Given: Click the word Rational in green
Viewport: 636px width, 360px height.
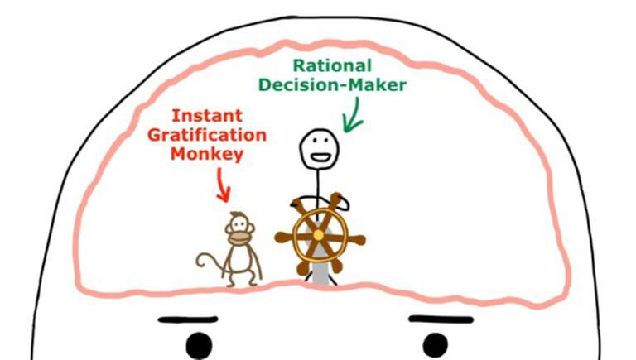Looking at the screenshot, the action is (332, 65).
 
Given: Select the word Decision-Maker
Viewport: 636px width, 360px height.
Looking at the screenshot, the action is (333, 85).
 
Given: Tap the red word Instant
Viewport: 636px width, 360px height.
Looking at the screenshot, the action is (207, 116).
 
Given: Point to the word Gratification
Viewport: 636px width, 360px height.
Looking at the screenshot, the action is (207, 135).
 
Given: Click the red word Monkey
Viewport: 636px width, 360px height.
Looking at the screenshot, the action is (207, 155).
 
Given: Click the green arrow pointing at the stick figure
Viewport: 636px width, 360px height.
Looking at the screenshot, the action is (352, 115).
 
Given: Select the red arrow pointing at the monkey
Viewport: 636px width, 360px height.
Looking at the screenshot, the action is (223, 185).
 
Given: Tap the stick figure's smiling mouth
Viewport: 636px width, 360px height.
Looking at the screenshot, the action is (319, 157).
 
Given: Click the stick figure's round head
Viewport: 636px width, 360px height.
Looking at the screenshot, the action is (319, 148).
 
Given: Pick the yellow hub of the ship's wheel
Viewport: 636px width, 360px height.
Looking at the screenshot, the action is (319, 235).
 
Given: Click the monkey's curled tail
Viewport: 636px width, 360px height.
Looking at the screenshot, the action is (209, 262).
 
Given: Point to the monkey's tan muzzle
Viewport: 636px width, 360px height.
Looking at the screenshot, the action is (239, 238).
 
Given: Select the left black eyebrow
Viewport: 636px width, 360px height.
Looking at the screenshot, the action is (188, 320).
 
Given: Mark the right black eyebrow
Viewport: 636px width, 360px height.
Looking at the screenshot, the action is (441, 319).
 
